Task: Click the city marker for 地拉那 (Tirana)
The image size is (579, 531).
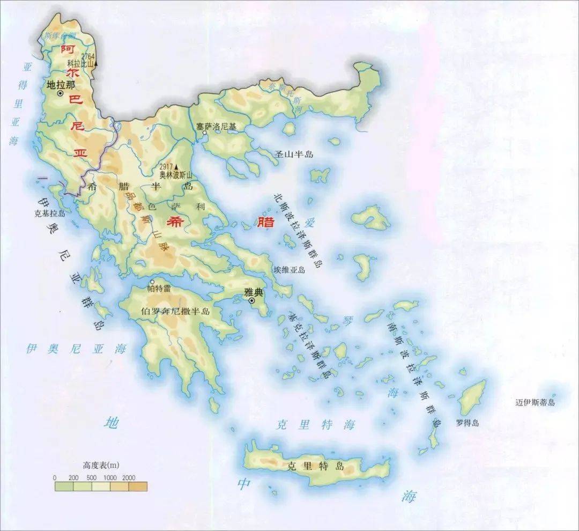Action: pos(60,94)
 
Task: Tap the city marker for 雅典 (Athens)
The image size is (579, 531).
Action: pos(251,301)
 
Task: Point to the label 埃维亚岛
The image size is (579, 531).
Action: pos(289,270)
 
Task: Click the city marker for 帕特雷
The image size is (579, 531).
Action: pos(152,282)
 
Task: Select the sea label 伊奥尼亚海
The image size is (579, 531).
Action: pos(76,349)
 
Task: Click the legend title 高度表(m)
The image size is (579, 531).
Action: pos(101,464)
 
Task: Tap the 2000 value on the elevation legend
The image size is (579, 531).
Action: pos(129,477)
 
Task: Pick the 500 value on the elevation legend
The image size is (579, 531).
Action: pos(92,477)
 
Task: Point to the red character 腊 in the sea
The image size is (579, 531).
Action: pos(265,222)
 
